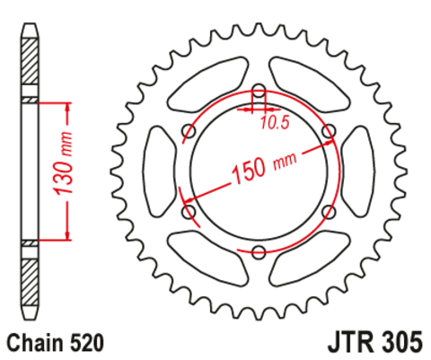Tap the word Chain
[x=36, y=342]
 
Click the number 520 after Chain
[x=89, y=342]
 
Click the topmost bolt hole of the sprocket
[x=259, y=92]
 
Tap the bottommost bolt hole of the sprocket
[x=259, y=252]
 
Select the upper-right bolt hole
[x=329, y=132]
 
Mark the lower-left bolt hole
[x=189, y=212]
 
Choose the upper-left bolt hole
[x=189, y=132]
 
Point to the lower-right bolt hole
[x=329, y=212]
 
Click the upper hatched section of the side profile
[x=30, y=64]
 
